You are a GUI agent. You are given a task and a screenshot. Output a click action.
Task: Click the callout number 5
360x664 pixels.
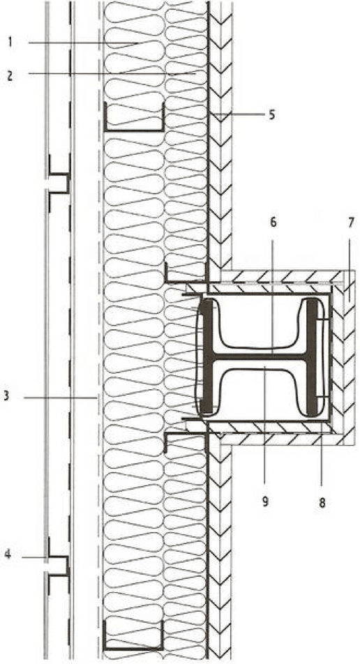(x=271, y=114)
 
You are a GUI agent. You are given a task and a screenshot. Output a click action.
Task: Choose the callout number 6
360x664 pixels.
(x=273, y=222)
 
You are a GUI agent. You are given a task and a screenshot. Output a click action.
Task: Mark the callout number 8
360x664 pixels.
(x=322, y=503)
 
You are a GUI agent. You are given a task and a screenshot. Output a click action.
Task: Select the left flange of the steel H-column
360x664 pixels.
(x=207, y=356)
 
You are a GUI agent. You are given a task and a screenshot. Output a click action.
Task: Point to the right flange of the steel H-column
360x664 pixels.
(x=312, y=356)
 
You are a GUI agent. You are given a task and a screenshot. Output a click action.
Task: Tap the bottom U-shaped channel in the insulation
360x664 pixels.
(x=134, y=647)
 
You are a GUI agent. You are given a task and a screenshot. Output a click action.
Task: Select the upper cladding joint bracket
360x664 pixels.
(x=59, y=183)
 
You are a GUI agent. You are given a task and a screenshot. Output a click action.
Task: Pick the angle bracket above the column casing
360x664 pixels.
(x=186, y=280)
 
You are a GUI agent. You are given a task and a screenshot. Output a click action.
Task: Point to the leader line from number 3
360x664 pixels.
(x=60, y=398)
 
